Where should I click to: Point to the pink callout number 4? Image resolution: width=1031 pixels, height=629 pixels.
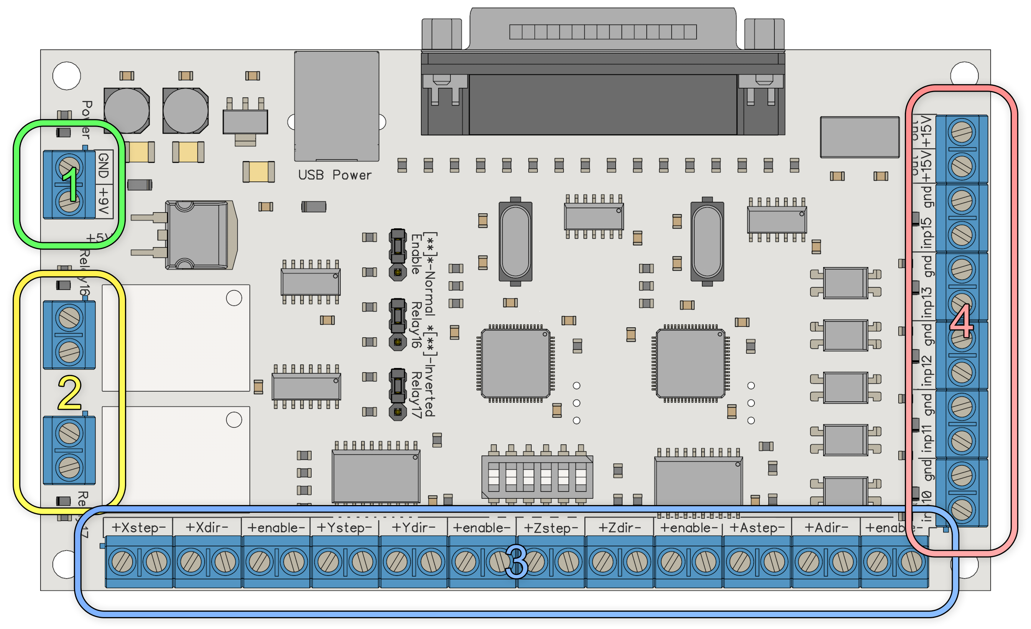[x=962, y=322]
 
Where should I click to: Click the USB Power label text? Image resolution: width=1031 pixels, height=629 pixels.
[x=334, y=175]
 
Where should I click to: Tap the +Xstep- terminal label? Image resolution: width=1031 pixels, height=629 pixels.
[x=138, y=528]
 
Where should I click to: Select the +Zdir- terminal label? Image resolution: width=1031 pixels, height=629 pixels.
[x=620, y=528]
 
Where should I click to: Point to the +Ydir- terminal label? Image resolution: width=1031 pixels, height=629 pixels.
[x=413, y=528]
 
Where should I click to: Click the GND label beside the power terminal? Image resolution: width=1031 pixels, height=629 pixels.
[x=104, y=166]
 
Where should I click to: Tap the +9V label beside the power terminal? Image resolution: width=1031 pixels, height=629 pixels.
[x=104, y=201]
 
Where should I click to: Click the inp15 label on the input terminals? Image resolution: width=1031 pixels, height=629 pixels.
[x=927, y=233]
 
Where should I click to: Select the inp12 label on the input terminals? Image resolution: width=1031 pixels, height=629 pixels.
[x=927, y=371]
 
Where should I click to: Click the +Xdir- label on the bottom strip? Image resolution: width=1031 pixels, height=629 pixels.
[x=207, y=528]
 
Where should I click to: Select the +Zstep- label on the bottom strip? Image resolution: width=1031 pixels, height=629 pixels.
[x=551, y=528]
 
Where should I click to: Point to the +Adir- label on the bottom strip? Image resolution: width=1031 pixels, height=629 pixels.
[x=826, y=528]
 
